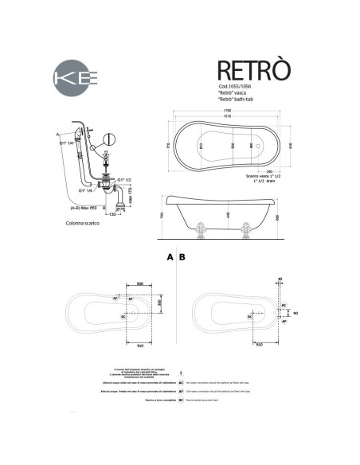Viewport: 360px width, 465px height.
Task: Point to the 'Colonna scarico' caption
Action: pyautogui.click(x=83, y=225)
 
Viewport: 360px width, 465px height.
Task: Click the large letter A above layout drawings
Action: pyautogui.click(x=170, y=258)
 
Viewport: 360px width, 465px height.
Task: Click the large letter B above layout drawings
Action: pyautogui.click(x=183, y=258)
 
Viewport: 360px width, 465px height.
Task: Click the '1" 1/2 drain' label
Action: pyautogui.click(x=261, y=182)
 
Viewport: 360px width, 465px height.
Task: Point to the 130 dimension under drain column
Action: pyautogui.click(x=112, y=215)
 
